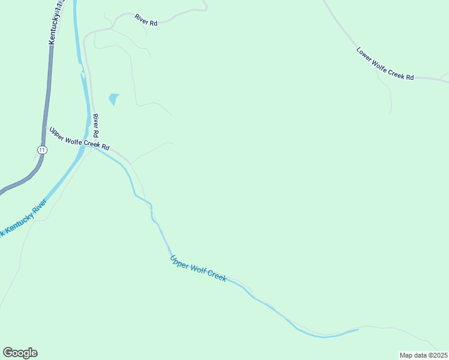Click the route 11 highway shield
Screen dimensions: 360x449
coord(41,149)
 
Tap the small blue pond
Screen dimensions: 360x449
coord(113,98)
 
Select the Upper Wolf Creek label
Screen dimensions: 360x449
coord(197,269)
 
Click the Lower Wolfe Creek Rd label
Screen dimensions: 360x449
coord(385,64)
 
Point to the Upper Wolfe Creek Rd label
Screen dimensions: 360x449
coord(79,139)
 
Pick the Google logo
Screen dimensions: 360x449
coord(20,353)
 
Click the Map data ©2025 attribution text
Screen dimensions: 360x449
coord(423,355)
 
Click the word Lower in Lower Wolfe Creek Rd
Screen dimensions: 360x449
coord(366,55)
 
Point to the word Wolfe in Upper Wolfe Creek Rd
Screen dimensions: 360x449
coord(75,137)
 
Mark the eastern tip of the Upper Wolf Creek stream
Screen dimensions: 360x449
coord(358,329)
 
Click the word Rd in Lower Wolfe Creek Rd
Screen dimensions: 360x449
coord(410,77)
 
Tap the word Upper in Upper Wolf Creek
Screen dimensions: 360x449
coord(178,262)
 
